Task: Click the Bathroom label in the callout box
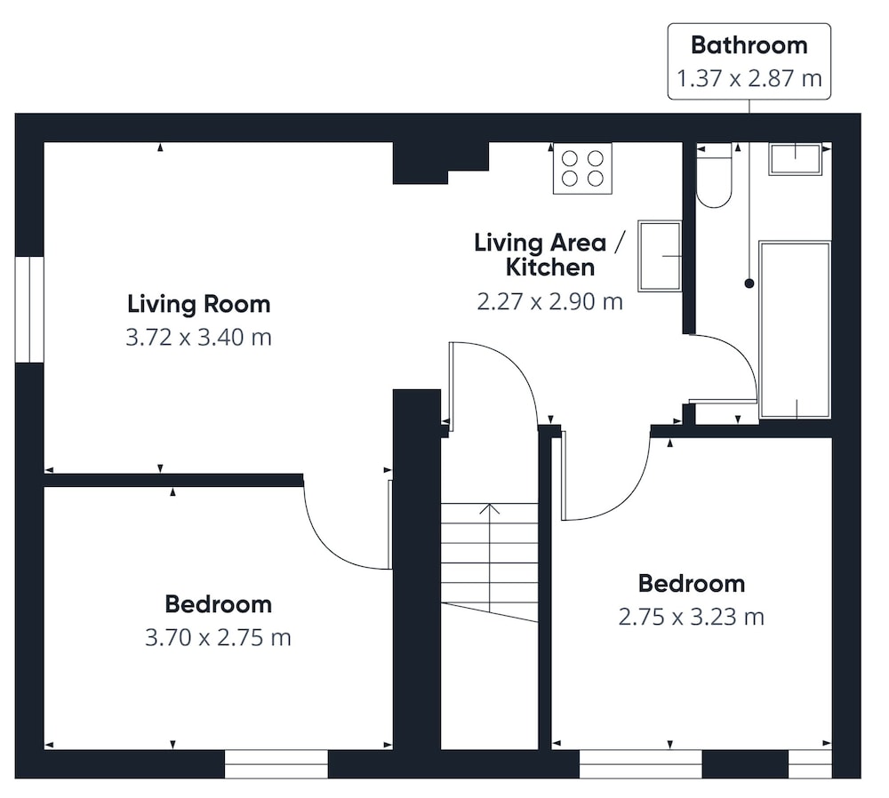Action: pyautogui.click(x=749, y=45)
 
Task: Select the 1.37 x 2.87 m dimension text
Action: pyautogui.click(x=749, y=78)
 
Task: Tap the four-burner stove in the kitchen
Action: pyautogui.click(x=582, y=168)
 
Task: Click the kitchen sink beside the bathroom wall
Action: pyautogui.click(x=660, y=256)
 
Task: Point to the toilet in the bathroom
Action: pyautogui.click(x=714, y=175)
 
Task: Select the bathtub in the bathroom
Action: pyautogui.click(x=795, y=331)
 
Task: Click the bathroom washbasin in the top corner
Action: pyautogui.click(x=795, y=159)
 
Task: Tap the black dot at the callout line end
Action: pyautogui.click(x=749, y=283)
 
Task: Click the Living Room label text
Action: pyautogui.click(x=199, y=304)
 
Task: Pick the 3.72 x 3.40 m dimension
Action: pyautogui.click(x=198, y=337)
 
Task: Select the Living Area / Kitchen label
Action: pyautogui.click(x=549, y=255)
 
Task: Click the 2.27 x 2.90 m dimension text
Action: pyautogui.click(x=549, y=301)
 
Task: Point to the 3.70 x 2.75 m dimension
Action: pyautogui.click(x=219, y=638)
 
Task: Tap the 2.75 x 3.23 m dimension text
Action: pyautogui.click(x=691, y=617)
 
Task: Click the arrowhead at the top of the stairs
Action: pyautogui.click(x=489, y=507)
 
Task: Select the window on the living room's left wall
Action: pyautogui.click(x=29, y=309)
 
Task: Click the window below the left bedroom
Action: pyautogui.click(x=276, y=764)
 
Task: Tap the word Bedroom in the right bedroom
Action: pyautogui.click(x=692, y=584)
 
